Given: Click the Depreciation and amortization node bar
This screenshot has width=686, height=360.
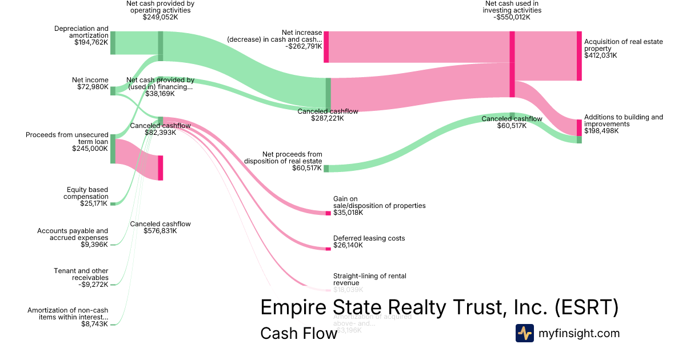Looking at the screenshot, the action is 113,43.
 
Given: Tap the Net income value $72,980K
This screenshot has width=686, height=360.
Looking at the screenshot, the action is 93,87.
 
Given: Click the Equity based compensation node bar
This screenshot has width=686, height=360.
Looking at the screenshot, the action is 113,203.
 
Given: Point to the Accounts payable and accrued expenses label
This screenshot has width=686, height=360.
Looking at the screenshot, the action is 73,234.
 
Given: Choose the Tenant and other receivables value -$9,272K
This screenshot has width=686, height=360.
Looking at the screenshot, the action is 93,284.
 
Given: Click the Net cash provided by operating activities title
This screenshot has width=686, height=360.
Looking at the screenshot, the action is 160,7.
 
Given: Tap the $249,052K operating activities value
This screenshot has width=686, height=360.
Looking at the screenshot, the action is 160,17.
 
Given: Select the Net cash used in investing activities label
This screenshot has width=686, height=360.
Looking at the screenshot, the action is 512,7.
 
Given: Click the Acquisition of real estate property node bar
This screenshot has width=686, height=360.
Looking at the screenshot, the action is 579,56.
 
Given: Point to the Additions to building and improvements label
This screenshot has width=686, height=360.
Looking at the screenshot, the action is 624,121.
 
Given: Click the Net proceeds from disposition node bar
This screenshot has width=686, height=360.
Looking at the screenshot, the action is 326,169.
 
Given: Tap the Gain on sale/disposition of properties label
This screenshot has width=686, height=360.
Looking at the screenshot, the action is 379,202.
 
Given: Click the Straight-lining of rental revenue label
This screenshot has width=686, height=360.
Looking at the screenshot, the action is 369,279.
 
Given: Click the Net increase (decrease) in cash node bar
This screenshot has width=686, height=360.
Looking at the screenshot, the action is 326,47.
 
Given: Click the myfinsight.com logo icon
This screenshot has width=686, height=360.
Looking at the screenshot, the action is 524,333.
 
